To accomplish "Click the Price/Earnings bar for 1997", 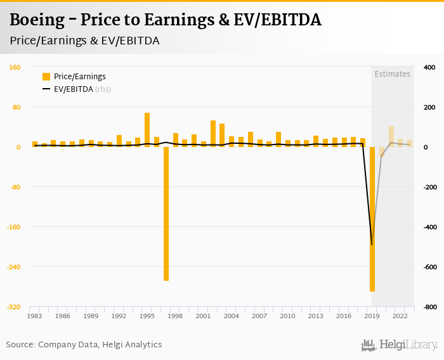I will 166,214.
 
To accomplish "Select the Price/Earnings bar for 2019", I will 372,219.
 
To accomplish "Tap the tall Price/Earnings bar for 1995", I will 147,130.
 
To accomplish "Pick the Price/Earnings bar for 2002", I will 213,134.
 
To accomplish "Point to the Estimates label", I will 392,74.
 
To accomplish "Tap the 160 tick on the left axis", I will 15,67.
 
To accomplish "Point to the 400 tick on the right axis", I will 429,67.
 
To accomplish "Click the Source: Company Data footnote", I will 84,345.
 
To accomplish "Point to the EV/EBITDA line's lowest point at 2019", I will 372,245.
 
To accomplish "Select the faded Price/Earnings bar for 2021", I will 391,137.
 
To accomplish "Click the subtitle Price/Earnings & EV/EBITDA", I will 84,41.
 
